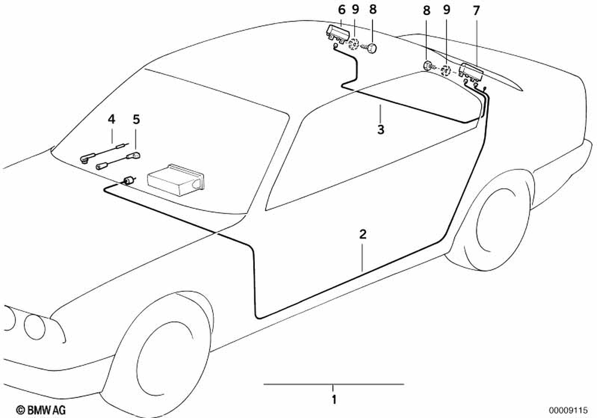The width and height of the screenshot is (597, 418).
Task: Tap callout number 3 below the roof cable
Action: click(x=380, y=129)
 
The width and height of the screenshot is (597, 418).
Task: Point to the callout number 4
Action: click(x=112, y=119)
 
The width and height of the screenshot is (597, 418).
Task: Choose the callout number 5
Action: click(x=136, y=119)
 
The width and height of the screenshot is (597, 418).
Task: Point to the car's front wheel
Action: click(x=161, y=364)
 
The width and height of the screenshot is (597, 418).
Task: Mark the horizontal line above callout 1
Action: click(x=334, y=384)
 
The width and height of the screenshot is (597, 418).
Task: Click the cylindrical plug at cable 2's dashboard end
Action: click(x=128, y=180)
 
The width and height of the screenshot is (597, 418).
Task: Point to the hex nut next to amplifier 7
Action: click(x=428, y=66)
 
